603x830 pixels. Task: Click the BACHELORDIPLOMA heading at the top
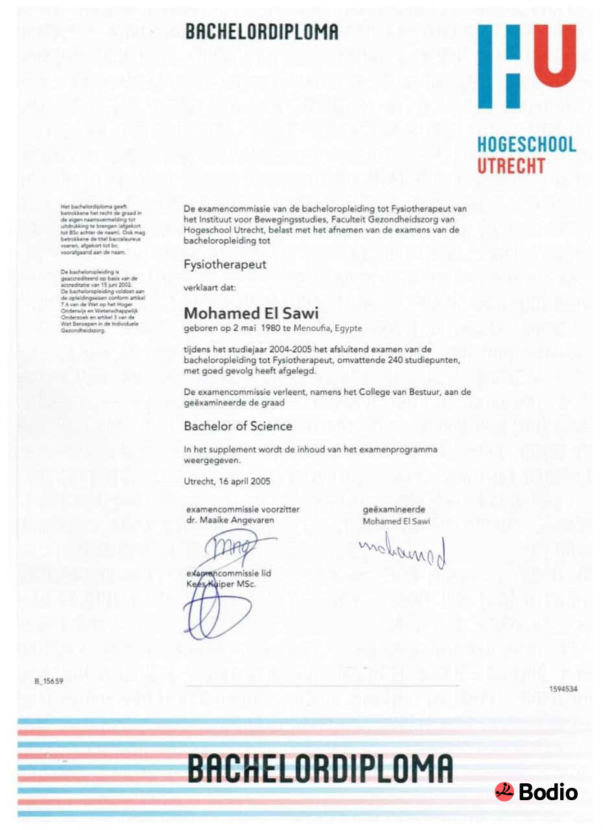(261, 32)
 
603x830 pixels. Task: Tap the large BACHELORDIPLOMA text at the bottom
(320, 770)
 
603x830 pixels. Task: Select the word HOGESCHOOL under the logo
(526, 145)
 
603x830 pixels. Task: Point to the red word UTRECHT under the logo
(511, 166)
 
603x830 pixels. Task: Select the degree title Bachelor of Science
(238, 426)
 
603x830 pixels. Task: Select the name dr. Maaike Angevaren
(230, 519)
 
